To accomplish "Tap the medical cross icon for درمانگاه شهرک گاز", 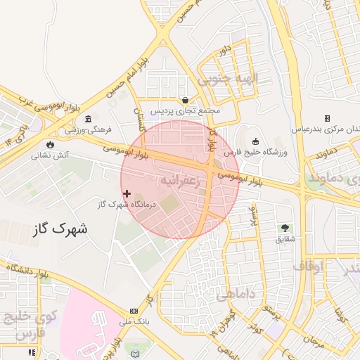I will click(x=127, y=193).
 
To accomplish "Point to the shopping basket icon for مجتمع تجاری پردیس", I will click(x=185, y=100).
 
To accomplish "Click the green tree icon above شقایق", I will click(x=285, y=228).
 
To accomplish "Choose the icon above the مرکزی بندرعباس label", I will click(x=326, y=118).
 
